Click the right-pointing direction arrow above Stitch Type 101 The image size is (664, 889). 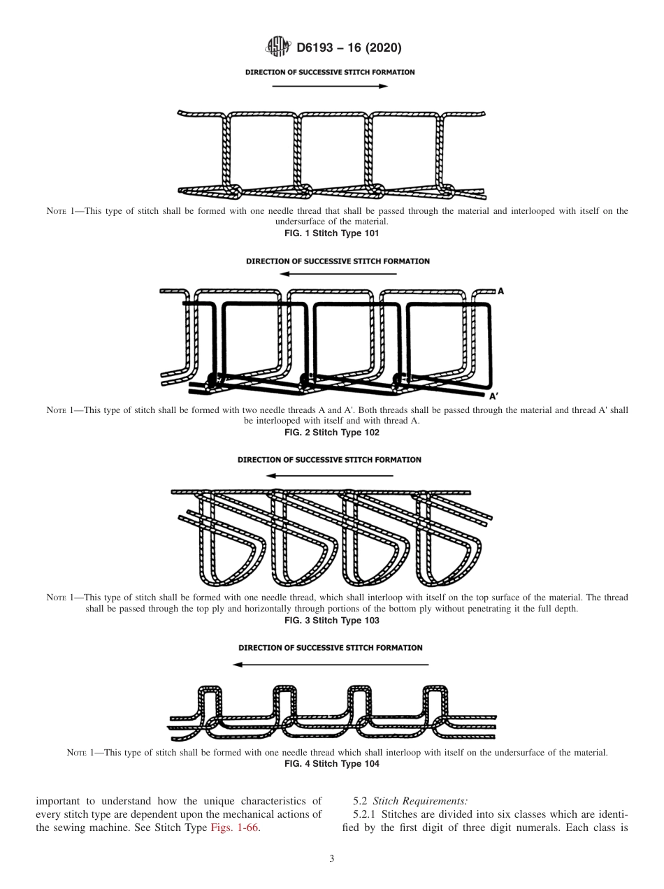329,86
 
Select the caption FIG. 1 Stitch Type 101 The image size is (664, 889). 332,233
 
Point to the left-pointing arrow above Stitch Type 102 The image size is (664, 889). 338,275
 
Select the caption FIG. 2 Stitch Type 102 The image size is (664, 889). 332,433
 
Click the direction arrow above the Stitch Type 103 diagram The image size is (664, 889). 330,475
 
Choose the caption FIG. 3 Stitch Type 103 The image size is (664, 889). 332,621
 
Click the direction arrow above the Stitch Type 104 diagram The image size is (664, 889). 330,664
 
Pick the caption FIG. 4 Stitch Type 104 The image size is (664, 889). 332,765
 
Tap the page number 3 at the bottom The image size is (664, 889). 332,859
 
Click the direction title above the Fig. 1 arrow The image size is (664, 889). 329,72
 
